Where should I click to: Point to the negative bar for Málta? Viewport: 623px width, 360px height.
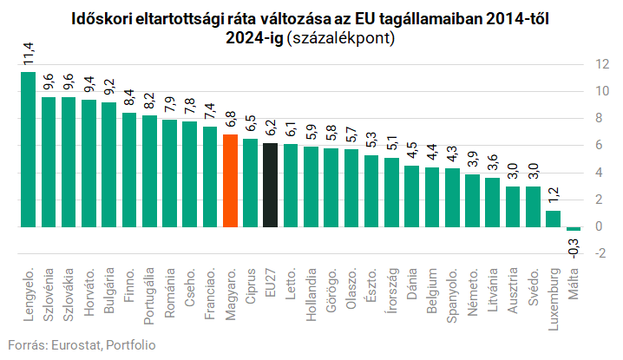click(x=573, y=229)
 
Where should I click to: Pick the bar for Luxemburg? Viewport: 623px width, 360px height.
click(x=553, y=219)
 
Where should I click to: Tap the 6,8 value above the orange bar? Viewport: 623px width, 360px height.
click(x=230, y=120)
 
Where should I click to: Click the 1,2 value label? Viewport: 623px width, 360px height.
click(x=553, y=196)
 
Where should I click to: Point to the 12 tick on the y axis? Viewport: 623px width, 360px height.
click(x=601, y=64)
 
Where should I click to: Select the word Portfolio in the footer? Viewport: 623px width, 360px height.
click(x=130, y=345)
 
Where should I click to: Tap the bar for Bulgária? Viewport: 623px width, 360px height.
click(x=108, y=165)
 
